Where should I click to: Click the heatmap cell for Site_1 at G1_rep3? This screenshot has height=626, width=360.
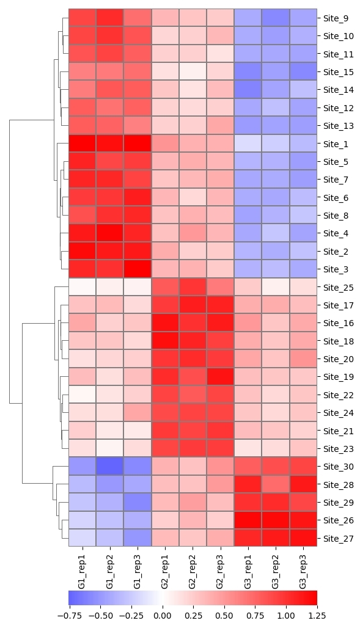pos(138,144)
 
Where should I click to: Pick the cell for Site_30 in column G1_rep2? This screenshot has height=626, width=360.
pos(110,467)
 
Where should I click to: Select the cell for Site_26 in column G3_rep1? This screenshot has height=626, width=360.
pos(248,520)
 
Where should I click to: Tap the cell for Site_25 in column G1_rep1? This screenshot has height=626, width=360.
pos(83,287)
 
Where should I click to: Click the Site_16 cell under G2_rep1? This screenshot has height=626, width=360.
pos(165,323)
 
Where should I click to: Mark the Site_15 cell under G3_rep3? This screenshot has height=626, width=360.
pos(303,72)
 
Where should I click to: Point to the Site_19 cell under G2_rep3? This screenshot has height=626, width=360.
pos(221,377)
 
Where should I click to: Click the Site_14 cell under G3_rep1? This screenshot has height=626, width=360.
pos(248,90)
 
